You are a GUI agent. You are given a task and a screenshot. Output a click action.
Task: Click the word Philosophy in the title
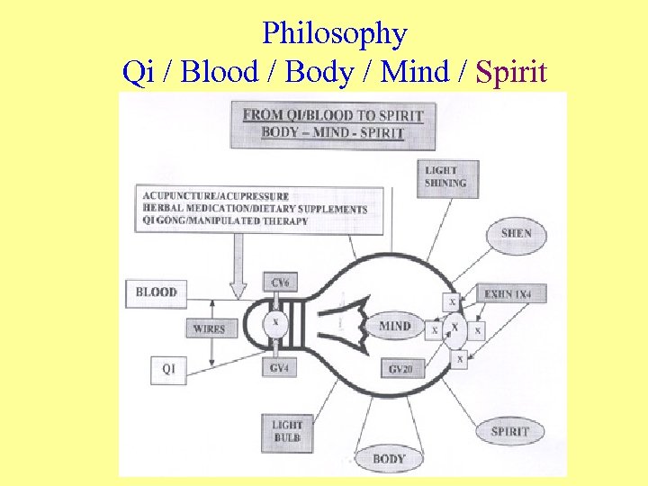click(335, 34)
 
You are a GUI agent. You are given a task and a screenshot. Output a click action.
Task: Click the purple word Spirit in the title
click(511, 71)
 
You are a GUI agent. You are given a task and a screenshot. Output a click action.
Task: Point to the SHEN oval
click(516, 233)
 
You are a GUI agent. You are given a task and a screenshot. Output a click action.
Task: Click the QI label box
click(168, 369)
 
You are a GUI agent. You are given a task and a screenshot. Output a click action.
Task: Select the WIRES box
click(209, 329)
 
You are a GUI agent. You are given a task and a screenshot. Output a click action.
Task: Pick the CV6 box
click(279, 283)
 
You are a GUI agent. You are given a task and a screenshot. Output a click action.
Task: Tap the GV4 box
click(279, 367)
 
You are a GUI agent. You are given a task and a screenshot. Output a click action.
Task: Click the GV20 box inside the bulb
click(401, 369)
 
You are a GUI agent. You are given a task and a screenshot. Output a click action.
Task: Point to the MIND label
click(395, 326)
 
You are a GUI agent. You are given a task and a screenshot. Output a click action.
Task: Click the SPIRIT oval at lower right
click(510, 431)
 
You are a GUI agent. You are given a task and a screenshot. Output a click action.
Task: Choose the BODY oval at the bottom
click(389, 459)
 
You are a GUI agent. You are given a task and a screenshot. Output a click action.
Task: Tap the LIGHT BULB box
click(287, 431)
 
